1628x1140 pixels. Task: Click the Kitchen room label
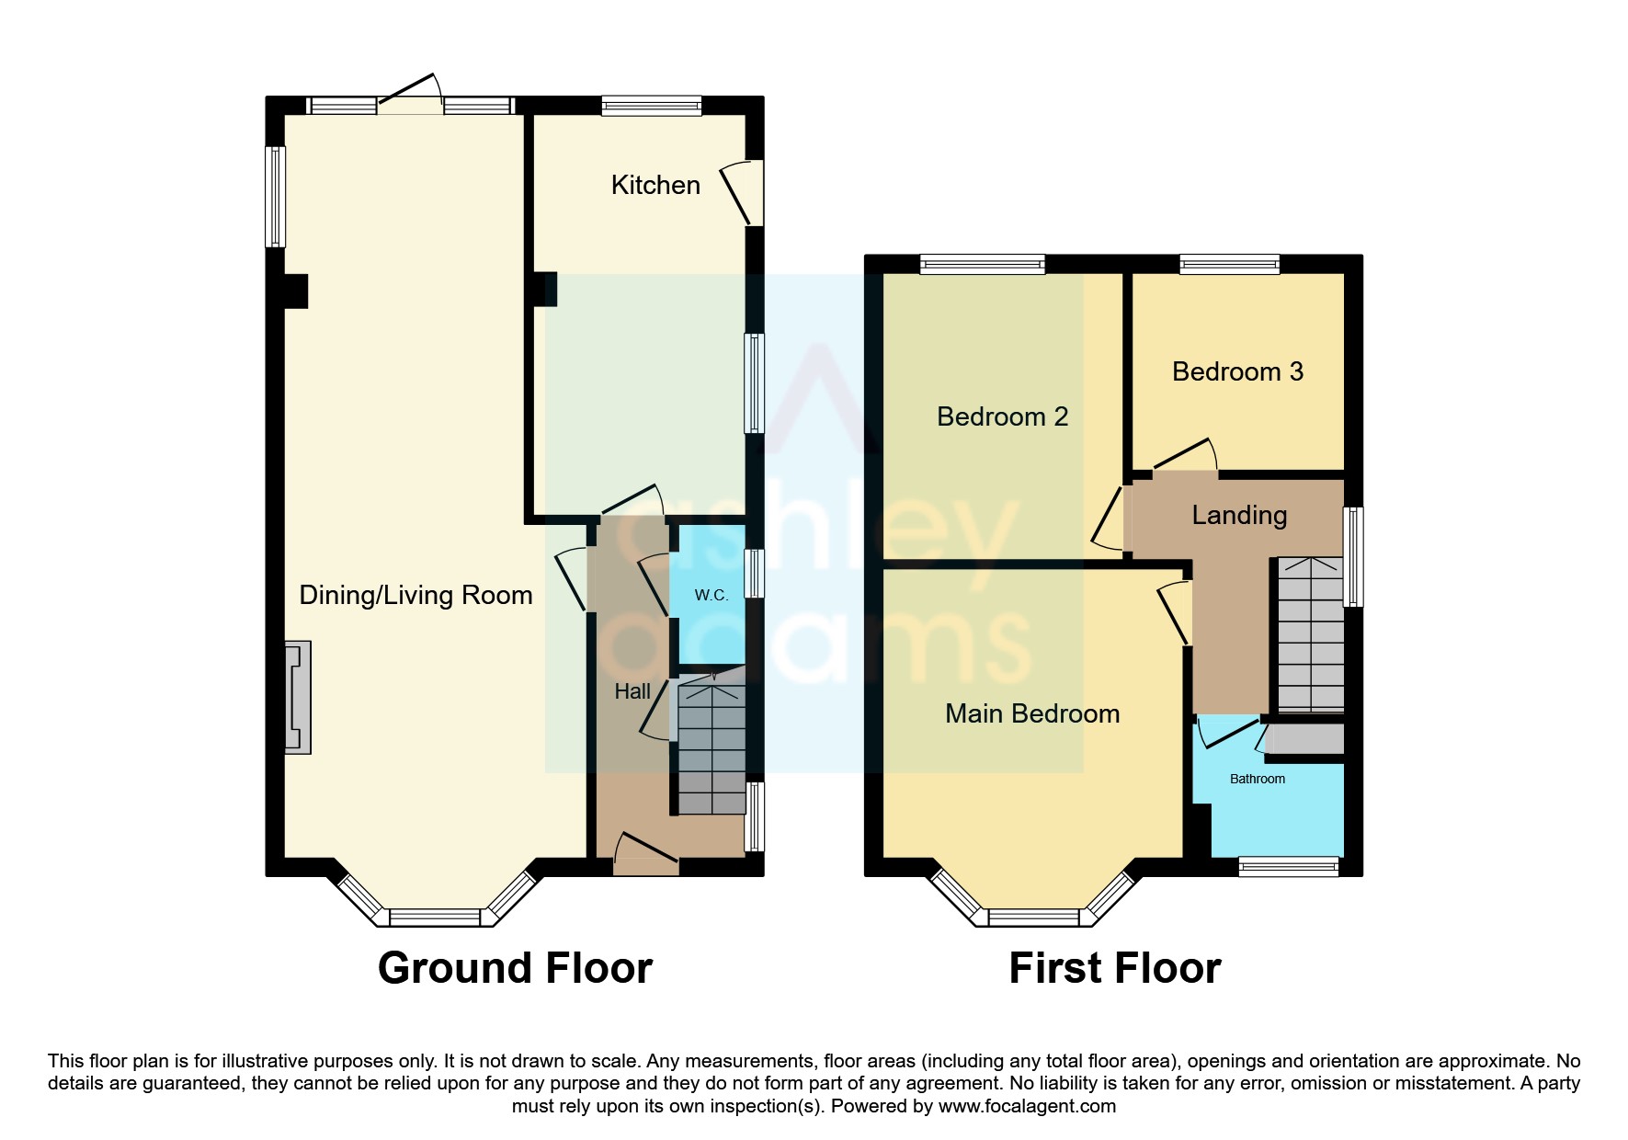point(655,185)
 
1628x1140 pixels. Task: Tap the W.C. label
point(711,596)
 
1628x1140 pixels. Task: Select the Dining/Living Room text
point(416,595)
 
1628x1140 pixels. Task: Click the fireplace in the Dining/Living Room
point(298,698)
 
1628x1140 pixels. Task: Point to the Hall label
point(632,691)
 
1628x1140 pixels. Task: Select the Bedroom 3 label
point(1237,371)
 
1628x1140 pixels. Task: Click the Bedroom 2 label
point(1002,416)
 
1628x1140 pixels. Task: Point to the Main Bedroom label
point(1032,713)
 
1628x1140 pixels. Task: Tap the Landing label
point(1239,515)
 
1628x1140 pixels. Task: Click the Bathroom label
point(1258,779)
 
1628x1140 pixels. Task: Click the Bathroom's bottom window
point(1289,865)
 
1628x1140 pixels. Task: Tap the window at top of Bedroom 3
point(1230,265)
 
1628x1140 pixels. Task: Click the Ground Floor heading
point(515,968)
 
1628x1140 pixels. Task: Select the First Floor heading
point(1114,968)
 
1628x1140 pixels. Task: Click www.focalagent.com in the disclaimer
point(1027,1106)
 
